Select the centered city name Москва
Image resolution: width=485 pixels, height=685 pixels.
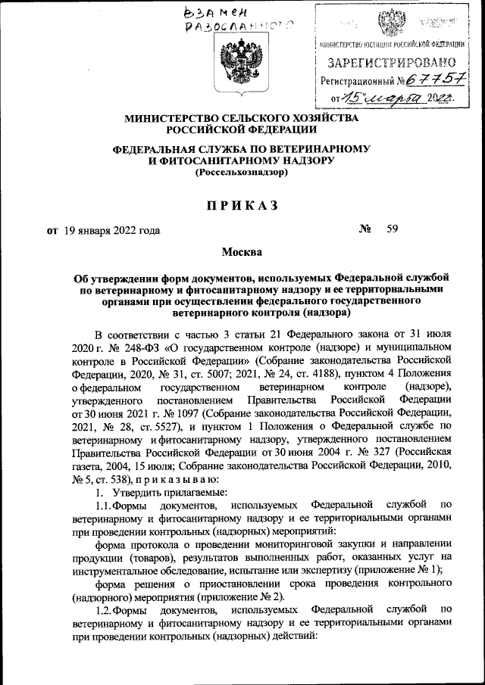(x=242, y=252)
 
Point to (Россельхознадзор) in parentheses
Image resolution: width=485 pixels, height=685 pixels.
(x=242, y=173)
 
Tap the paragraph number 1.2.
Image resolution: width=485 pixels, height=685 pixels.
(x=104, y=609)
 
